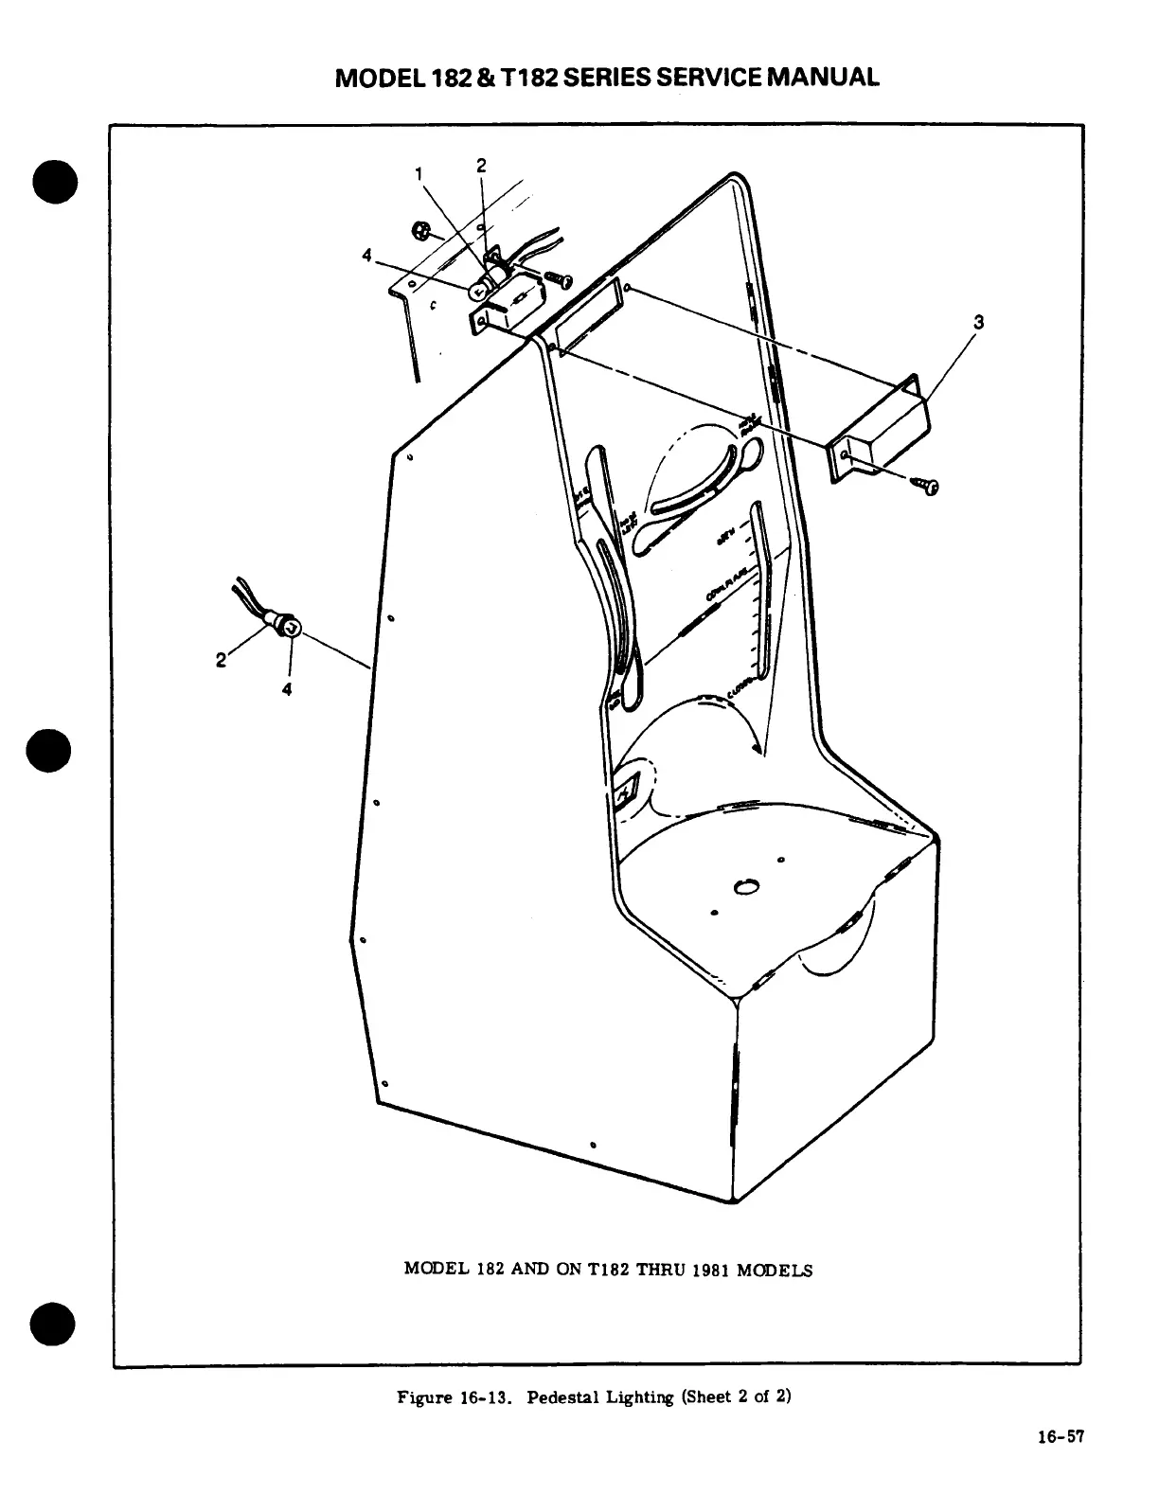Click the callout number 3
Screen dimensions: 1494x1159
coord(979,322)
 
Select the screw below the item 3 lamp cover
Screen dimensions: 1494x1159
coord(927,486)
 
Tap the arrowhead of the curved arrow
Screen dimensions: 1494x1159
coord(755,747)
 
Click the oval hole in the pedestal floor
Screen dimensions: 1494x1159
coord(746,887)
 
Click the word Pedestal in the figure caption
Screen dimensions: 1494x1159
coord(560,1397)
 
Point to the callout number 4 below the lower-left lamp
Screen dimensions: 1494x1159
coord(286,688)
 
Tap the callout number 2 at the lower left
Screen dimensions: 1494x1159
coord(221,660)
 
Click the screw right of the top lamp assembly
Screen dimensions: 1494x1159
coord(560,278)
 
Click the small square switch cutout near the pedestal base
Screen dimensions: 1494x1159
coord(627,789)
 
